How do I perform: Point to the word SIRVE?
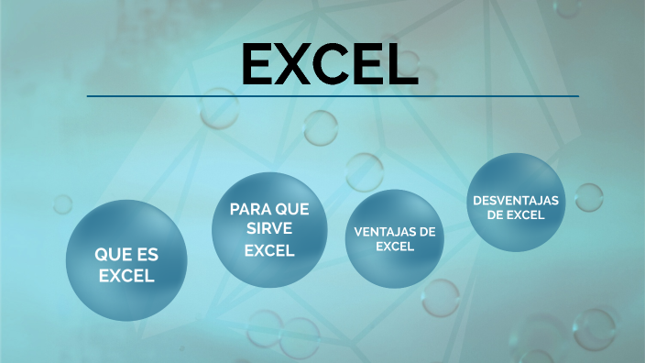[x=268, y=229]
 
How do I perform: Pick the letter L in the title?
[x=405, y=64]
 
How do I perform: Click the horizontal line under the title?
[x=333, y=95]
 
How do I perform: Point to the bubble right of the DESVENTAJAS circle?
[x=588, y=197]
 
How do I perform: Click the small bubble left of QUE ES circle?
[x=62, y=203]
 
